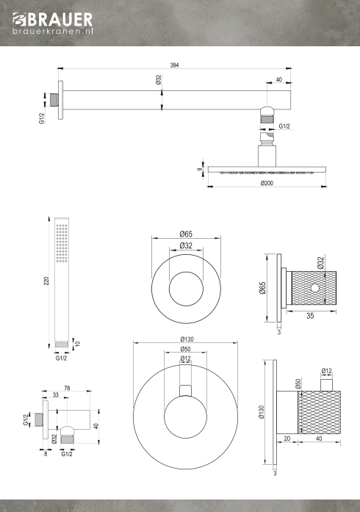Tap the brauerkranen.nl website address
click(53, 31)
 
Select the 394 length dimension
click(174, 65)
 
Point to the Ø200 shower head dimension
click(267, 183)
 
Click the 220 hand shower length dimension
click(46, 281)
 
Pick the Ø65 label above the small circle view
click(186, 234)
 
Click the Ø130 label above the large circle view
click(185, 339)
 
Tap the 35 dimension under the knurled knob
click(310, 316)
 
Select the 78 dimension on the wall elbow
click(67, 388)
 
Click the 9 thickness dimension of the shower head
click(200, 169)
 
